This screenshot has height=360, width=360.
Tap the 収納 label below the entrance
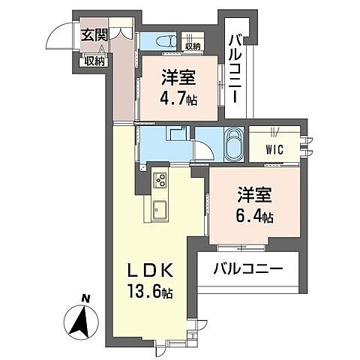pyautogui.click(x=94, y=61)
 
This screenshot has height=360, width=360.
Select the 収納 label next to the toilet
pyautogui.click(x=192, y=47)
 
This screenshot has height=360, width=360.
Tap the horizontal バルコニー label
pyautogui.click(x=247, y=268)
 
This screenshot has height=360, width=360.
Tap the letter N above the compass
pyautogui.click(x=86, y=299)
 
